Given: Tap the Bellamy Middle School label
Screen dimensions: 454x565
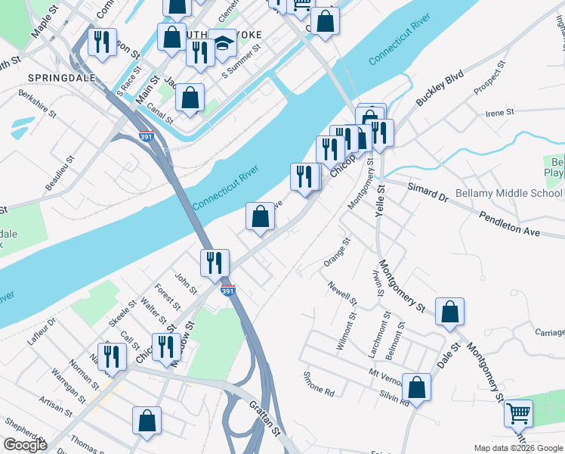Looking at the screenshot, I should (510, 194).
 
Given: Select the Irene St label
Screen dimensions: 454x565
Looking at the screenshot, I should (499, 112).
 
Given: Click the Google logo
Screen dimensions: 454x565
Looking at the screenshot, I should (25, 445).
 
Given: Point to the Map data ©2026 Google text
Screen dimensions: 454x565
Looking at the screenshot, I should (517, 448).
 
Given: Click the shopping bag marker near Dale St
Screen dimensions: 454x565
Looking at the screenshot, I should (449, 312).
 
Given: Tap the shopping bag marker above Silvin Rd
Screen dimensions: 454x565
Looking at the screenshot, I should (416, 387).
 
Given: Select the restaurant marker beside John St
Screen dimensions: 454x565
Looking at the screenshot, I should (215, 263).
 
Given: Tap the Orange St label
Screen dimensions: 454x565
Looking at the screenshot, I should (343, 252).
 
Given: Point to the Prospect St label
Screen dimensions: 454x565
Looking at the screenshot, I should (488, 85).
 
